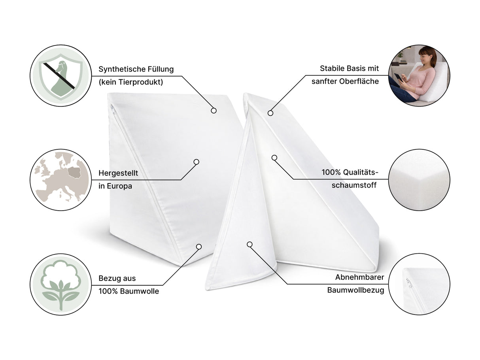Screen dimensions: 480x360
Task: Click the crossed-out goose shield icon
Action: coord(61,75)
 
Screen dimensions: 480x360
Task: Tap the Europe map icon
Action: coord(61,180)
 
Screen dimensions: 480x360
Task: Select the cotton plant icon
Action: coord(61,285)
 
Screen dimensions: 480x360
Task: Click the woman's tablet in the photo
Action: coord(399,77)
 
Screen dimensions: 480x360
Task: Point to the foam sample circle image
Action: coord(419,180)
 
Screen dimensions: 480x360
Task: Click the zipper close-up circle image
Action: coord(419,284)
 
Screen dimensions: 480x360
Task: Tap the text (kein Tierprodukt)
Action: coord(131,82)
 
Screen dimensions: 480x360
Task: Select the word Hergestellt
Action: coord(118,173)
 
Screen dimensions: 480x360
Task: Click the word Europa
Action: coord(119,186)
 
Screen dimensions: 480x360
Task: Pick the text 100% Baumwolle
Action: coord(129,291)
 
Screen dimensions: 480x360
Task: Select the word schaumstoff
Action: coord(354,185)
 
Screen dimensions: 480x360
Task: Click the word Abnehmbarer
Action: coord(359,277)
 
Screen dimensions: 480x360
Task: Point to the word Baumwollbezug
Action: coord(355,290)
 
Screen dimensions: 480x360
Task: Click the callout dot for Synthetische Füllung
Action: coord(214,111)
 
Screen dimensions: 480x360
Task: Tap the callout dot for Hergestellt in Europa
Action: coord(197,162)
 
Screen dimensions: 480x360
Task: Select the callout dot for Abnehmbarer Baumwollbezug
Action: coord(249,244)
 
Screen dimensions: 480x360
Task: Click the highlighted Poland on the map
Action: coord(74,172)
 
